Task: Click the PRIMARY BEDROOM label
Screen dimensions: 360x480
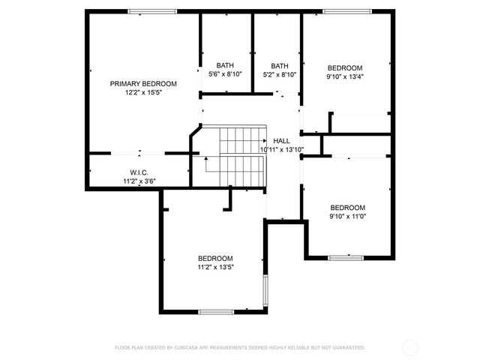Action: (x=143, y=83)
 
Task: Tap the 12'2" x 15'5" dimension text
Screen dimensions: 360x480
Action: (x=143, y=93)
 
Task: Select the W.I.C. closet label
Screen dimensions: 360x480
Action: (x=139, y=172)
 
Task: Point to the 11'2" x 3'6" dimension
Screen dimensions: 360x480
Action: (x=139, y=181)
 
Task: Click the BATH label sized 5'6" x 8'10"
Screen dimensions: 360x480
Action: (x=225, y=65)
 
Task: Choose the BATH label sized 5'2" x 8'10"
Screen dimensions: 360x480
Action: (x=279, y=65)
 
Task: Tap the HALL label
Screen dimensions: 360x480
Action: (x=281, y=141)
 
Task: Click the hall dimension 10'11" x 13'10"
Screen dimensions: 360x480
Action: (x=281, y=150)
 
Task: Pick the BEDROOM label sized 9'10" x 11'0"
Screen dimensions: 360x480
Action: (x=348, y=208)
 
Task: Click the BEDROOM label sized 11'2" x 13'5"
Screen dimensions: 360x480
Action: (x=215, y=258)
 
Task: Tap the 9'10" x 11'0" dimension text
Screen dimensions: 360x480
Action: (x=348, y=217)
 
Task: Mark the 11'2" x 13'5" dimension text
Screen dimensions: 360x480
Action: (x=215, y=267)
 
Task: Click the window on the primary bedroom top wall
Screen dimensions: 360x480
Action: (x=152, y=11)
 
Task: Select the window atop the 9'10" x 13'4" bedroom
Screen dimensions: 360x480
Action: (x=346, y=11)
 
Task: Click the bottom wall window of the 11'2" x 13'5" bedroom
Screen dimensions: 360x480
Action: (x=217, y=312)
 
